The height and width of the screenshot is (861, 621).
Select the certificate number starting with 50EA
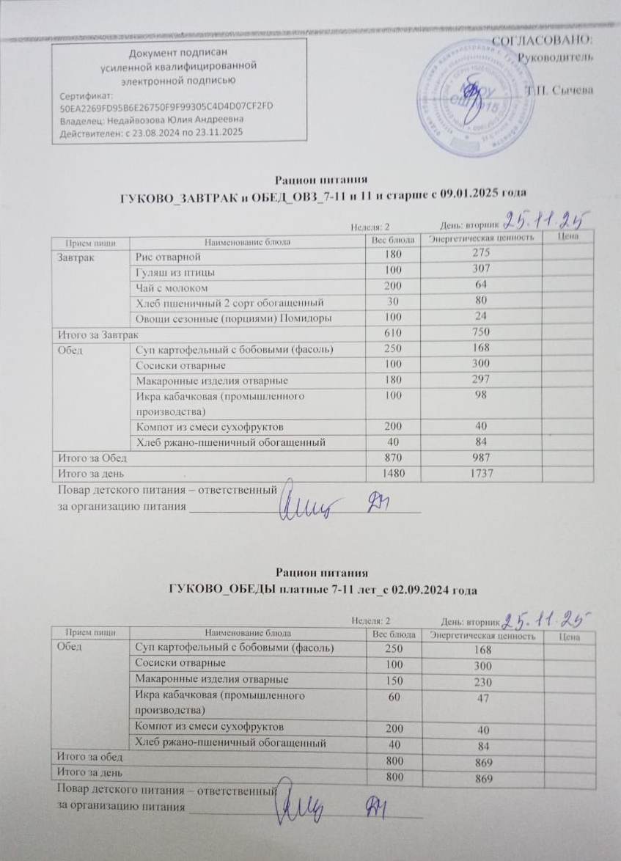[167, 106]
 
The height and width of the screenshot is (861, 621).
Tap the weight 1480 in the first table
[393, 474]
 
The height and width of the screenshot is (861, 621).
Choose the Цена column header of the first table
[568, 237]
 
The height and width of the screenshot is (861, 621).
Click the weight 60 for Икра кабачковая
[393, 696]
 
